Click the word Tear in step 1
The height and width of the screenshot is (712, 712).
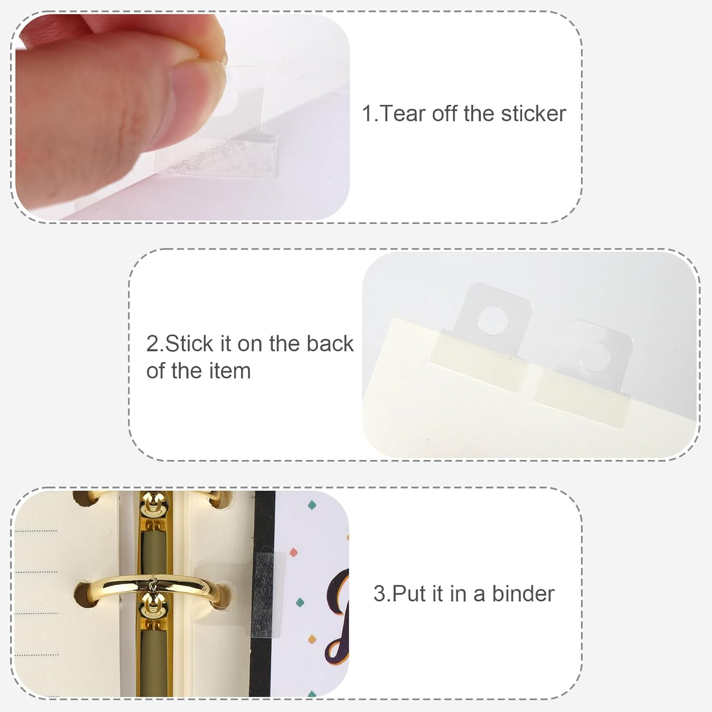[x=403, y=114]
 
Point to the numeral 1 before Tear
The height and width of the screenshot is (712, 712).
[x=367, y=114]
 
